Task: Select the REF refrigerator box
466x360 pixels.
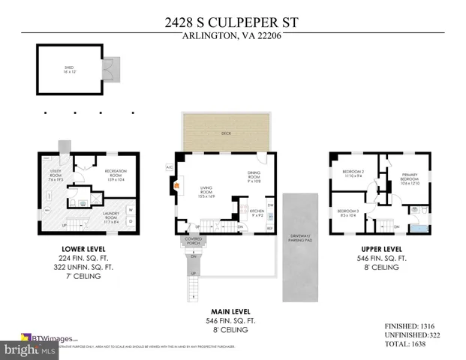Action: (270, 227)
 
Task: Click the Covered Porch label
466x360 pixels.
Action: (194, 241)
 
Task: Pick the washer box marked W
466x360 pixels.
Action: (131, 210)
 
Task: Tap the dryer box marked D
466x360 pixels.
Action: (131, 221)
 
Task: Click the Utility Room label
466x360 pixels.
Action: (56, 176)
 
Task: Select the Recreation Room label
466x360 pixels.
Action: (116, 174)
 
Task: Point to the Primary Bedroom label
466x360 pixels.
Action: (409, 178)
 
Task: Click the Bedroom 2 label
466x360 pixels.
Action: (353, 174)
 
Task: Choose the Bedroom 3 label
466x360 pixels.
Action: (347, 214)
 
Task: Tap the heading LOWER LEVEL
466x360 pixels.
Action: (83, 248)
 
